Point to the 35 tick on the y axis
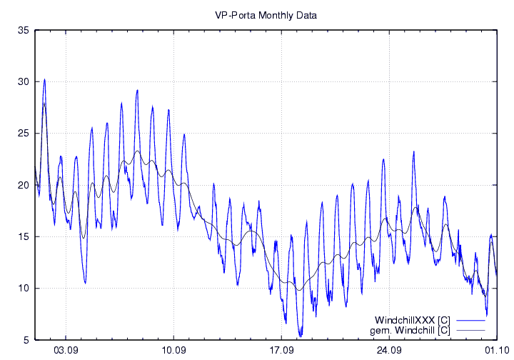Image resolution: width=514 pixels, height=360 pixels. pyautogui.click(x=23, y=30)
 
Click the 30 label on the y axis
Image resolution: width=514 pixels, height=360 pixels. pyautogui.click(x=23, y=82)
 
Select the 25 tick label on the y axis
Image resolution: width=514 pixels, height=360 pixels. pyautogui.click(x=23, y=134)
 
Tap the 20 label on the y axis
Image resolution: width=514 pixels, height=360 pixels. pyautogui.click(x=23, y=185)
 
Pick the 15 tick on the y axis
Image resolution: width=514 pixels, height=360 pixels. pyautogui.click(x=23, y=236)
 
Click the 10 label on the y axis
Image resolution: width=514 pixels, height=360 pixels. pyautogui.click(x=23, y=288)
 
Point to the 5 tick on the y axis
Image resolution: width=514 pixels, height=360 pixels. pyautogui.click(x=26, y=340)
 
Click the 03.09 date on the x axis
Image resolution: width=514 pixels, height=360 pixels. pyautogui.click(x=66, y=351)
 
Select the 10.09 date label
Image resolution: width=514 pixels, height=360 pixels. pyautogui.click(x=173, y=351)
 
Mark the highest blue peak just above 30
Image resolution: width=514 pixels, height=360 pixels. pyautogui.click(x=44, y=79)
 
